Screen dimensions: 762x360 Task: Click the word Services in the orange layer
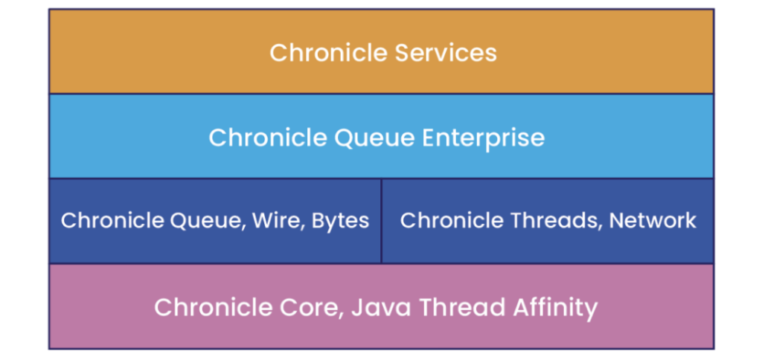pyautogui.click(x=446, y=53)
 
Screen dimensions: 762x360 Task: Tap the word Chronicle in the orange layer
pyautogui.click(x=329, y=53)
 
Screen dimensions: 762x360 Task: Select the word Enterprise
pyautogui.click(x=483, y=138)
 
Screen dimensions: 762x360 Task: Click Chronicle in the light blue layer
pyautogui.click(x=268, y=138)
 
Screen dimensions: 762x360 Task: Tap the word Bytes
pyautogui.click(x=340, y=222)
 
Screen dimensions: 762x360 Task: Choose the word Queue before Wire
pyautogui.click(x=210, y=222)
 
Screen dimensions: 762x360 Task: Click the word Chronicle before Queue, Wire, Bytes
pyautogui.click(x=115, y=221)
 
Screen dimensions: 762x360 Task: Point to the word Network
pyautogui.click(x=653, y=221)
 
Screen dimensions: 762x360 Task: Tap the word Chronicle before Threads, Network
pyautogui.click(x=452, y=221)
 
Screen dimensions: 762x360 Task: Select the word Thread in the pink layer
pyautogui.click(x=455, y=307)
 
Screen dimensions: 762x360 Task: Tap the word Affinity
pyautogui.click(x=548, y=308)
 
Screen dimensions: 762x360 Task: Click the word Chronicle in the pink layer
pyautogui.click(x=214, y=307)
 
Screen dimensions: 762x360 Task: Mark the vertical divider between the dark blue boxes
pyautogui.click(x=382, y=221)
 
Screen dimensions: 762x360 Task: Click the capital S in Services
pyautogui.click(x=402, y=53)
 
